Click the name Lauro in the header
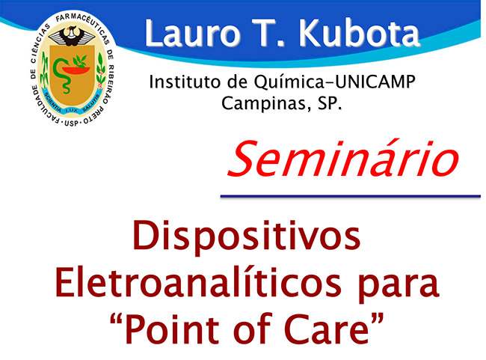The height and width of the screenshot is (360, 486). [x=192, y=33]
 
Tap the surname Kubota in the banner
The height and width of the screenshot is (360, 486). [x=359, y=33]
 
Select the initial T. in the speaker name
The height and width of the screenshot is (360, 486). [x=268, y=33]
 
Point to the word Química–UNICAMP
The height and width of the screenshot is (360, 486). [x=335, y=82]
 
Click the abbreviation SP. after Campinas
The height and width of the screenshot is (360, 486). [x=330, y=103]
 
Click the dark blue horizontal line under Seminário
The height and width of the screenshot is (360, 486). [x=350, y=196]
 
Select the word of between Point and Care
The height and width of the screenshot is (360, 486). [x=252, y=328]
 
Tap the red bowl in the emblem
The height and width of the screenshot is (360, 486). [x=76, y=70]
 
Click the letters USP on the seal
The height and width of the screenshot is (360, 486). [x=71, y=123]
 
